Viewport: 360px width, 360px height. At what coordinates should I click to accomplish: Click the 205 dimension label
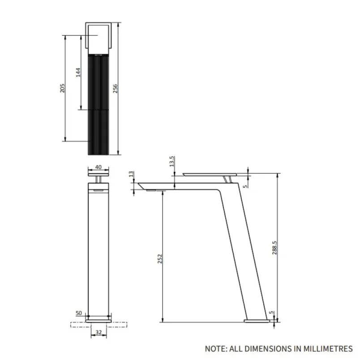[x=62, y=88]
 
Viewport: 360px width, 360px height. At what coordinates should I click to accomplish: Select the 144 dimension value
[x=78, y=73]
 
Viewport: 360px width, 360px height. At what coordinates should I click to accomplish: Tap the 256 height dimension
[x=115, y=88]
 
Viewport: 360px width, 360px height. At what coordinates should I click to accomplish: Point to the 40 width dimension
[x=98, y=167]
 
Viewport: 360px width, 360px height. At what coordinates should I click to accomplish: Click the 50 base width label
[x=79, y=313]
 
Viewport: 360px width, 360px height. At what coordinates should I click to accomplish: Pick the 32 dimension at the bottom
[x=99, y=332]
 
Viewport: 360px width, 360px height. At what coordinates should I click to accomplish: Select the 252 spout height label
[x=160, y=259]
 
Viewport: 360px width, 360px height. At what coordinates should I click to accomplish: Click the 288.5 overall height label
[x=274, y=248]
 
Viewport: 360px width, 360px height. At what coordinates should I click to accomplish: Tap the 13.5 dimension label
[x=172, y=161]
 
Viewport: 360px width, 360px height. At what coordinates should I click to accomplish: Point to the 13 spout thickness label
[x=131, y=174]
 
